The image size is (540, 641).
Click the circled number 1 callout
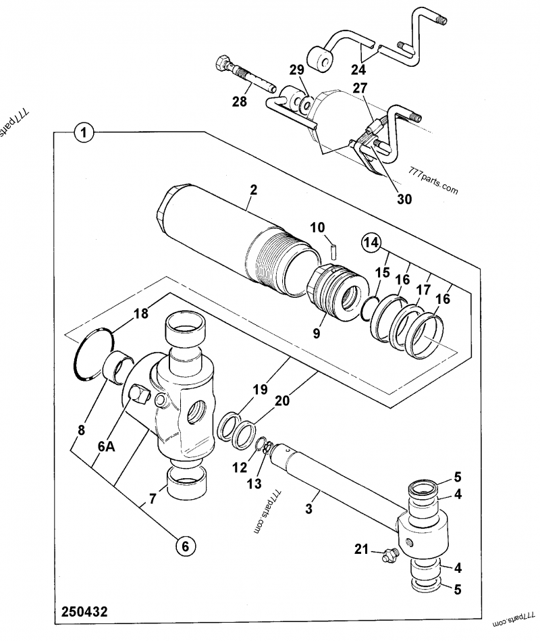click(82, 133)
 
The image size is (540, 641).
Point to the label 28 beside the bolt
click(240, 101)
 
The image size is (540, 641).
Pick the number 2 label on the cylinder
click(252, 190)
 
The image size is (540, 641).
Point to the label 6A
click(107, 446)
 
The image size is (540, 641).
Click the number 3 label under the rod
click(309, 509)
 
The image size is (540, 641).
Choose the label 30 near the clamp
click(404, 199)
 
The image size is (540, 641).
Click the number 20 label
click(283, 401)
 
